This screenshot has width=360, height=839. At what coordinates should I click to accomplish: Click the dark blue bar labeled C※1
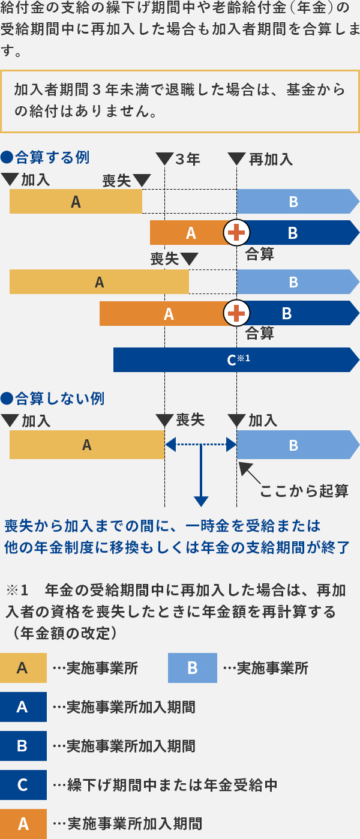pyautogui.click(x=234, y=360)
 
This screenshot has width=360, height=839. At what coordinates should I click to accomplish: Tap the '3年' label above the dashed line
pyautogui.click(x=187, y=159)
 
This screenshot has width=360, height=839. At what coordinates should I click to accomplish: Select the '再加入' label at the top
pyautogui.click(x=270, y=159)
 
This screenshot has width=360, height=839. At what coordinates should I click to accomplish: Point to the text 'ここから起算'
pyautogui.click(x=304, y=491)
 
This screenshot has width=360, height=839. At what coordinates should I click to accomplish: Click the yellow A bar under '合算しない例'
pyautogui.click(x=87, y=445)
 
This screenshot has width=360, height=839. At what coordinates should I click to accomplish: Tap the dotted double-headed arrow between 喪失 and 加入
pyautogui.click(x=201, y=445)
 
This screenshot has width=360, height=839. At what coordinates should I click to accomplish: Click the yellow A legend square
pyautogui.click(x=23, y=668)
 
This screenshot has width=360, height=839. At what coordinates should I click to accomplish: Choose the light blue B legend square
pyautogui.click(x=192, y=668)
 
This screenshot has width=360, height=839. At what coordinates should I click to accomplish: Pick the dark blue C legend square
pyautogui.click(x=23, y=785)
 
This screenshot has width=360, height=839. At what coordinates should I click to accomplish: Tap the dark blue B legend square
pyautogui.click(x=23, y=746)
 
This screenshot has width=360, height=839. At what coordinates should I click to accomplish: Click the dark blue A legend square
pyautogui.click(x=23, y=707)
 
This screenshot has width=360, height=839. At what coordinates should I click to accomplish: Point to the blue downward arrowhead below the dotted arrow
pyautogui.click(x=201, y=501)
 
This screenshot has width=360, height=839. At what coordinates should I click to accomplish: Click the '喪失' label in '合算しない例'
pyautogui.click(x=190, y=420)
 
